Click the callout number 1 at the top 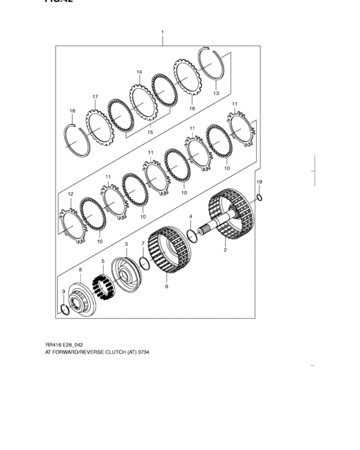[163, 32]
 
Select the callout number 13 [216, 93]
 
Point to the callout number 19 [259, 183]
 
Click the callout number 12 [71, 194]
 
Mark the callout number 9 [63, 292]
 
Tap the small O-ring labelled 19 [259, 197]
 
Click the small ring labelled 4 [192, 233]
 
